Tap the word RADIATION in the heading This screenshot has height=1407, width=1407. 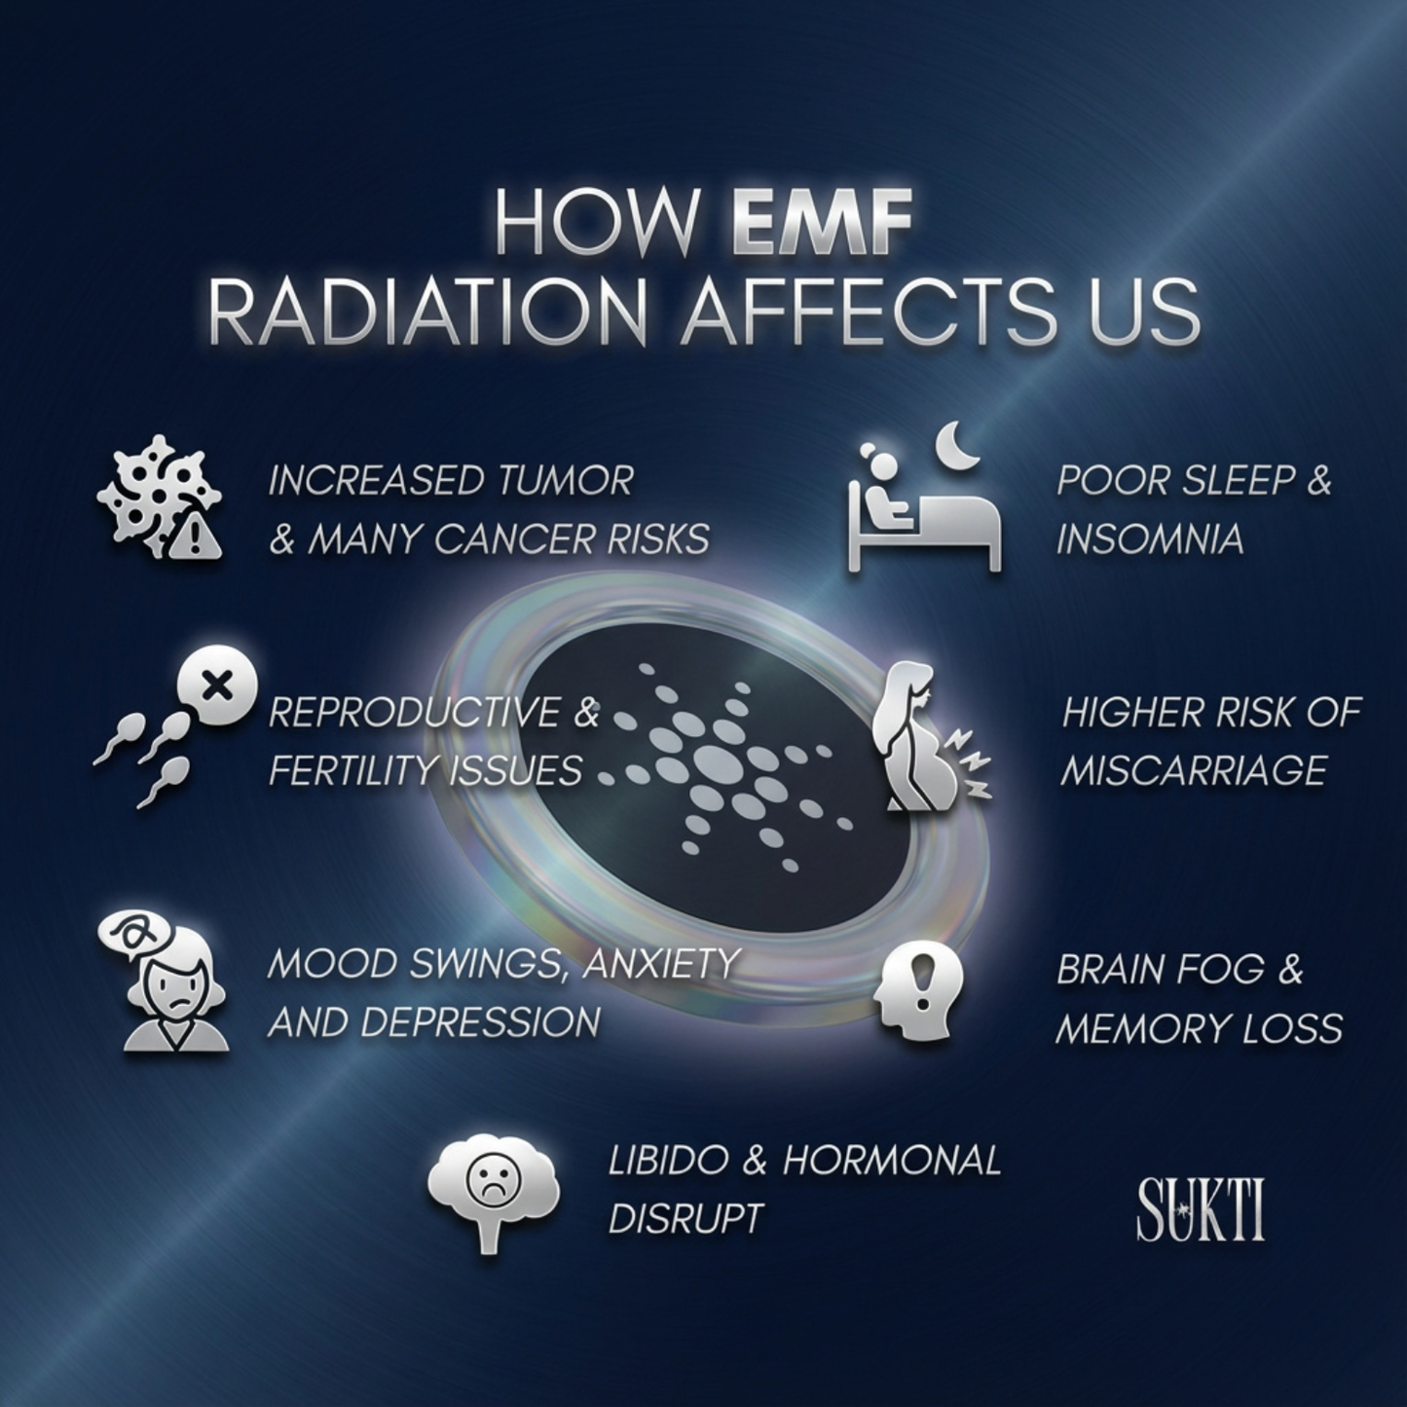pos(426,314)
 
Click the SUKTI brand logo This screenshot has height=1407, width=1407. pos(1201,1210)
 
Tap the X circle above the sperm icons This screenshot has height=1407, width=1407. pos(216,686)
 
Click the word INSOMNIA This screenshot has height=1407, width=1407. pos(1150,539)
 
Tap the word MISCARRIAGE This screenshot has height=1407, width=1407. pos(1194,771)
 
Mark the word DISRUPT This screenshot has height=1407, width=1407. pos(684,1218)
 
